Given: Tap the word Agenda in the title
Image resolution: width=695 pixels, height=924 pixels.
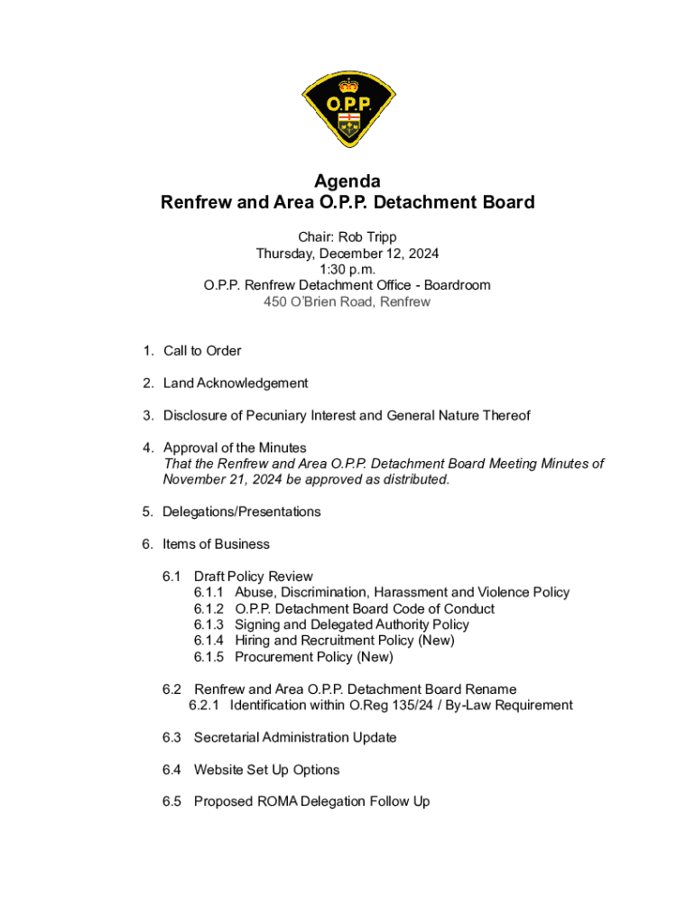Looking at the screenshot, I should [x=347, y=181].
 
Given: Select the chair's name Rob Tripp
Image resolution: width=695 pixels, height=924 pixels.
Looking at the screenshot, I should [x=367, y=236].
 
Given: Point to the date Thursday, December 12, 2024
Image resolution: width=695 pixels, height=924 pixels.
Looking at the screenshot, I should [x=347, y=253].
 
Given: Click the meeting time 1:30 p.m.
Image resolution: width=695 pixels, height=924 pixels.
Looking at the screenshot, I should [x=347, y=269].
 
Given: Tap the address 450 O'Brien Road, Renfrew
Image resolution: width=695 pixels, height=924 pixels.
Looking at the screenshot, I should [x=347, y=301].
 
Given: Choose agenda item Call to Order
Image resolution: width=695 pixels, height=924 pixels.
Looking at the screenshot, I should [x=202, y=350].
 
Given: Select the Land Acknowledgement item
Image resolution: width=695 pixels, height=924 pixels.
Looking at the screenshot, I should [x=236, y=383].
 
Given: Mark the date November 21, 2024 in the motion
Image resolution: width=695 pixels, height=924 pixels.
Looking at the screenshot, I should [x=216, y=479].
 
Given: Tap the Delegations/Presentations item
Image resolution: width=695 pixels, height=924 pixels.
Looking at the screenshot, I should [x=241, y=512].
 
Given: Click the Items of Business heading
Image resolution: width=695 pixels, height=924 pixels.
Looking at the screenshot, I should [x=216, y=544].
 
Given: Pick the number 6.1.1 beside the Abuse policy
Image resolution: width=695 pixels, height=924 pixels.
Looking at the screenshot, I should [x=209, y=592].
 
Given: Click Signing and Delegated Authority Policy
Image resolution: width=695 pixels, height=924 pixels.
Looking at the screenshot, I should [x=352, y=624].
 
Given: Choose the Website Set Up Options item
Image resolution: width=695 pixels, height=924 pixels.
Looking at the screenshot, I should [x=266, y=770].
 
